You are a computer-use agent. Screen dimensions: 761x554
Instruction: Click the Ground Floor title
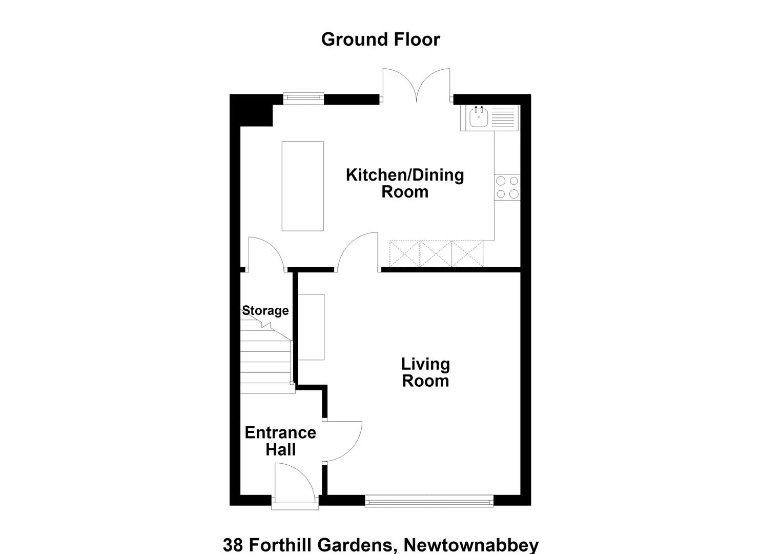coord(380,39)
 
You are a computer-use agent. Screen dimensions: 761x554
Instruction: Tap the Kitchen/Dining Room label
coord(405,183)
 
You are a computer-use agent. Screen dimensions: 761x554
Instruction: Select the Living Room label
coord(425,372)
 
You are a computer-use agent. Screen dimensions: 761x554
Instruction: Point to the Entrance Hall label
coord(280,441)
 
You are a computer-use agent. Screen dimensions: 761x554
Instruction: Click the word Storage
coord(265,310)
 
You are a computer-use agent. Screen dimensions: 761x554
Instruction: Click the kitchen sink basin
coord(479,117)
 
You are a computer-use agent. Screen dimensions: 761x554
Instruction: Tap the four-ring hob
coord(507,187)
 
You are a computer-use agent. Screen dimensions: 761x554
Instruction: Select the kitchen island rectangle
coord(303,186)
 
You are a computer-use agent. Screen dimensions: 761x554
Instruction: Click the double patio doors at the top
coord(417,85)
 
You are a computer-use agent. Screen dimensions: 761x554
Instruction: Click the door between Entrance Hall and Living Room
coord(342,442)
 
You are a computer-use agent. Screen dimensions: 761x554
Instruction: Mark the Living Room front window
coord(429,501)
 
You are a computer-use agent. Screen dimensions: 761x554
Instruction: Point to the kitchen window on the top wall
coord(304,98)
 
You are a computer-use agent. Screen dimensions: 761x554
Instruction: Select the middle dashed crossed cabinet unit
coord(436,254)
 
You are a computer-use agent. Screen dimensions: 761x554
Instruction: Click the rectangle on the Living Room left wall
coord(311,327)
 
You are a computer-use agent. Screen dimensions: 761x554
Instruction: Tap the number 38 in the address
coord(233,545)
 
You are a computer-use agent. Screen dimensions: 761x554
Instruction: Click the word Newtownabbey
coord(471,545)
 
